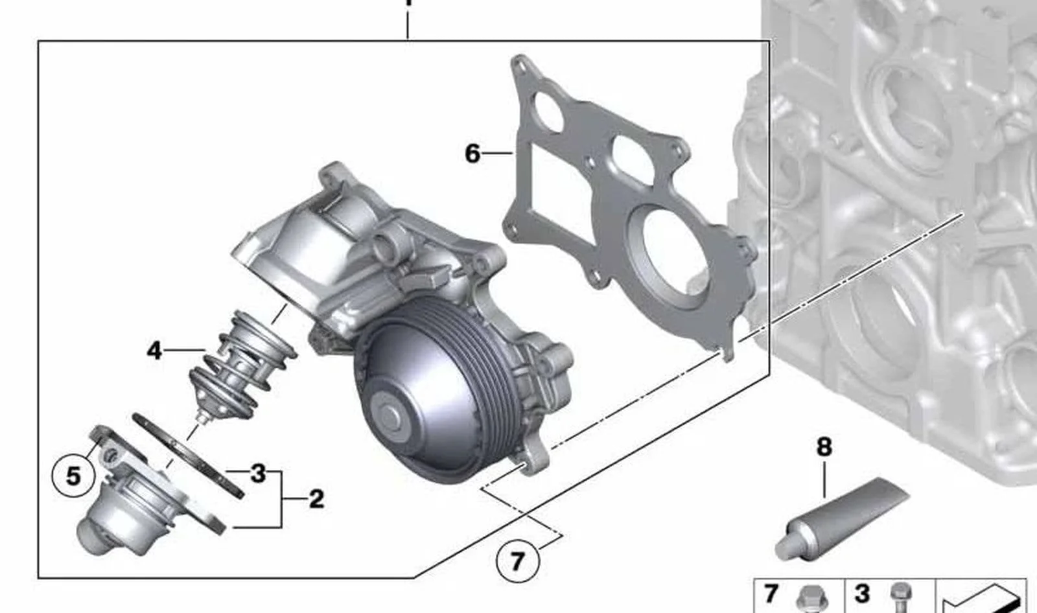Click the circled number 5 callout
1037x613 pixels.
tap(74, 476)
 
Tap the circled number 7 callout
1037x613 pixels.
tap(518, 561)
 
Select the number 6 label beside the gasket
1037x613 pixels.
tap(472, 154)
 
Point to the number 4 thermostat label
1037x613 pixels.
tap(154, 351)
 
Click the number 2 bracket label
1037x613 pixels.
tap(316, 499)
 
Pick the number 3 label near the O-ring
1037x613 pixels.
tap(258, 473)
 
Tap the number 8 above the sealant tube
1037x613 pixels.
tap(824, 448)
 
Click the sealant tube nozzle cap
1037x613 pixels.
tap(786, 548)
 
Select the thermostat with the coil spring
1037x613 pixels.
tap(243, 364)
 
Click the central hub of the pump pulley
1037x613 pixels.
tap(388, 413)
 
